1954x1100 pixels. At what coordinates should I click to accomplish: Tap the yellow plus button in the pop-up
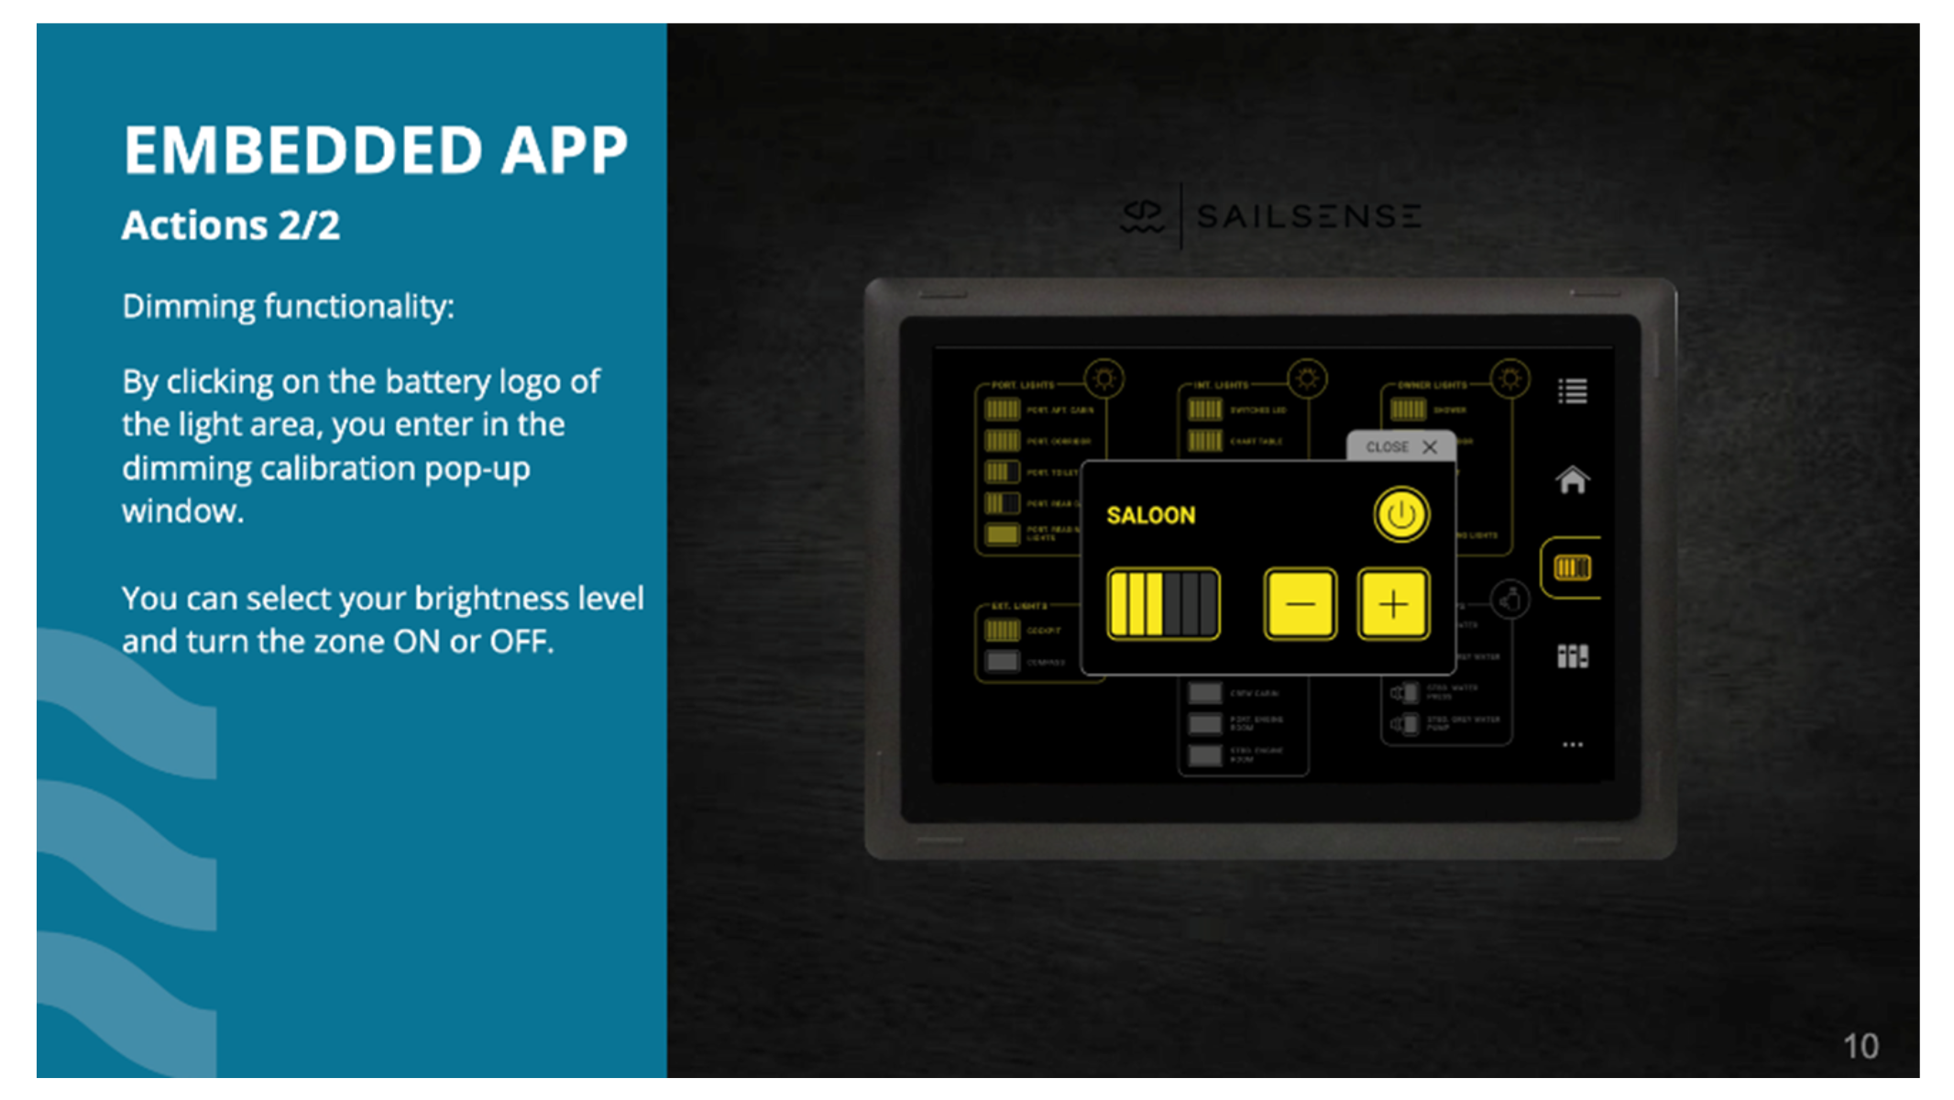click(x=1392, y=604)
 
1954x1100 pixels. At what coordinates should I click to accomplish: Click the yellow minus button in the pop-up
click(x=1300, y=604)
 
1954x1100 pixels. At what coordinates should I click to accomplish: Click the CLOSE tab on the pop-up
click(x=1400, y=446)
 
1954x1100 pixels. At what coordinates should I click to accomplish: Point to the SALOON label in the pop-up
click(x=1150, y=515)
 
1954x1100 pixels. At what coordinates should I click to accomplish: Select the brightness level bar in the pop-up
click(x=1163, y=604)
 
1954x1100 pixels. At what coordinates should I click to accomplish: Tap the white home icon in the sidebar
click(x=1572, y=479)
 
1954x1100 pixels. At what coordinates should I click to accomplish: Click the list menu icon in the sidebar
click(x=1572, y=391)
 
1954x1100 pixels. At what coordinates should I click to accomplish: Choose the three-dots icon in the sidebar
click(x=1572, y=744)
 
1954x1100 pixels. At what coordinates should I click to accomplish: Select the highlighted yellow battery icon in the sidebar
click(x=1572, y=568)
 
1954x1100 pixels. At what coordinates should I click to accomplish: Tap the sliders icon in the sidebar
click(x=1572, y=656)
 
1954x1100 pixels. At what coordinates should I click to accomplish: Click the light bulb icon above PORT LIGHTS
click(x=1103, y=379)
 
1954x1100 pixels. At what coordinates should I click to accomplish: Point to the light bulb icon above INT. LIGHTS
click(x=1307, y=379)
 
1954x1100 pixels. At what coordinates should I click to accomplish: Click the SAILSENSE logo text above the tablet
click(x=1308, y=216)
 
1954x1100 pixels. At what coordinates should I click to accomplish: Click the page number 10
click(x=1860, y=1046)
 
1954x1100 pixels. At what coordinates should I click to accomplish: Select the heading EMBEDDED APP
click(x=376, y=150)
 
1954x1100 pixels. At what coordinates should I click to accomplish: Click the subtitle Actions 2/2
click(x=231, y=225)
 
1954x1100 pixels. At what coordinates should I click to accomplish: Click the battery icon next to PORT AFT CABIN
click(x=1002, y=410)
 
